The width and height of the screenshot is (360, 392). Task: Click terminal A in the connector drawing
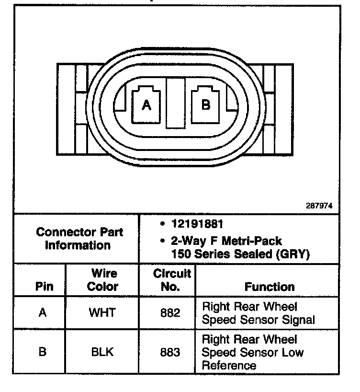point(146,105)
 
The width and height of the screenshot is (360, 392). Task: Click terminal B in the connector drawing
point(206,105)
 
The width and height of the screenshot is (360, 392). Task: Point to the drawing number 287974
point(319,206)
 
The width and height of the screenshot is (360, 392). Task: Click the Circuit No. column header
point(172,280)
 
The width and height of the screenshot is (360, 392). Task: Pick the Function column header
point(270,287)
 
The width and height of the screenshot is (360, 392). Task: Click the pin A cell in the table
point(43,313)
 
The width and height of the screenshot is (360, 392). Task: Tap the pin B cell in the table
point(43,352)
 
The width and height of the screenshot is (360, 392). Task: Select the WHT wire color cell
point(102,313)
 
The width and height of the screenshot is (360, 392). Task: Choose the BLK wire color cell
point(102,352)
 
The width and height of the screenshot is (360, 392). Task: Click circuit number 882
point(170,313)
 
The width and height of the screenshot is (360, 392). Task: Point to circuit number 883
point(170,352)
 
